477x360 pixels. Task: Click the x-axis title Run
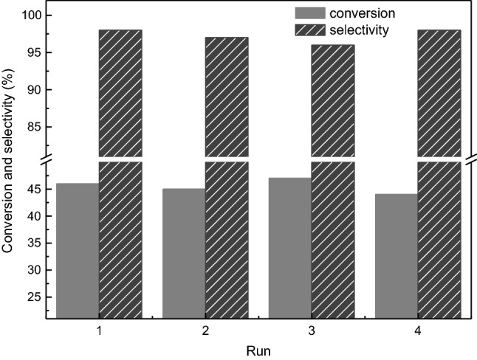[258, 350]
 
